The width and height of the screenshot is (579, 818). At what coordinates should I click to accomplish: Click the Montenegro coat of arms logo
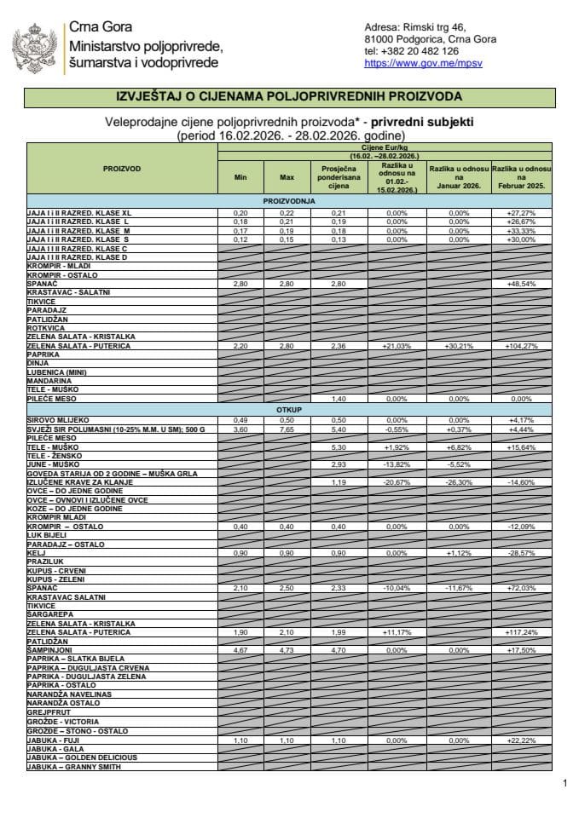34,47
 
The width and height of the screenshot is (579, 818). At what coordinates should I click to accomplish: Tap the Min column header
240,177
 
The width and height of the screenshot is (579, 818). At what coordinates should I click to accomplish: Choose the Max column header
286,177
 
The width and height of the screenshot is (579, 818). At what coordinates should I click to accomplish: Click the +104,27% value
520,347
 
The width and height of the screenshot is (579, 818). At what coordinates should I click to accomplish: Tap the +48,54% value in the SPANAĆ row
520,283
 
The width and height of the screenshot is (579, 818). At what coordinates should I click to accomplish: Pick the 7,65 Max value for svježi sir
286,429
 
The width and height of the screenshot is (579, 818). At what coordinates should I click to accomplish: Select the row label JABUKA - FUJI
53,741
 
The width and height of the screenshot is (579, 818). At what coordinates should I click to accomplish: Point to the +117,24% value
520,632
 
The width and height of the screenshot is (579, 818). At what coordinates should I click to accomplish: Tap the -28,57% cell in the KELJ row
520,553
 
